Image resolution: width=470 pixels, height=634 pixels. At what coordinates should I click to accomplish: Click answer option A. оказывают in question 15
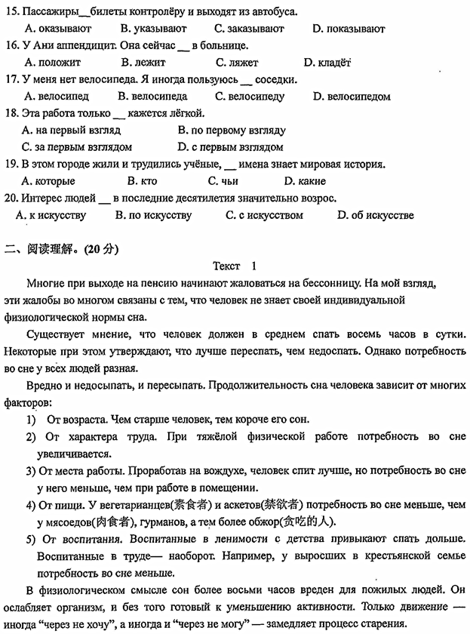[x=57, y=29]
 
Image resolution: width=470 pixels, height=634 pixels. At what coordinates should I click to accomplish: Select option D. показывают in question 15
[x=348, y=29]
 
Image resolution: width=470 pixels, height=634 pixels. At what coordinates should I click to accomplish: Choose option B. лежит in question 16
[x=143, y=63]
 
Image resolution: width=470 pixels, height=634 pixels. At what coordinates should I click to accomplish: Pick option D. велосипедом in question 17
[x=352, y=97]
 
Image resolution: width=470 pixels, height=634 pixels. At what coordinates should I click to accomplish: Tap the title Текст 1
[x=235, y=266]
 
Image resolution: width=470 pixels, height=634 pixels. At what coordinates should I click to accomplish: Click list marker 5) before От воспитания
[x=30, y=538]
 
